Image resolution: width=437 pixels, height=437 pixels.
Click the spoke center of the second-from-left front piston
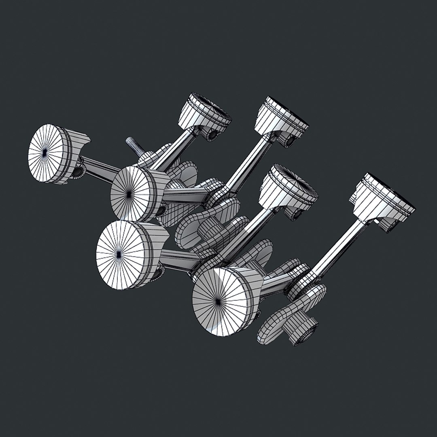(129, 194)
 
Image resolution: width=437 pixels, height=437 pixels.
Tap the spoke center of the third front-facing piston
(118, 254)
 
